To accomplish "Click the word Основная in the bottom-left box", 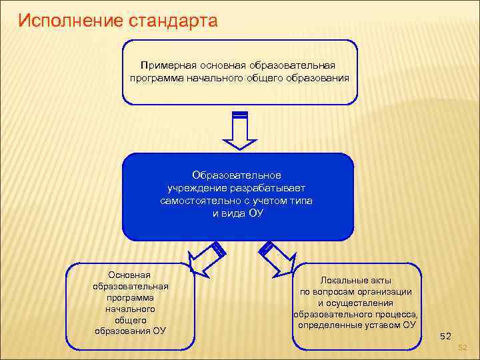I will [x=131, y=275].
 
